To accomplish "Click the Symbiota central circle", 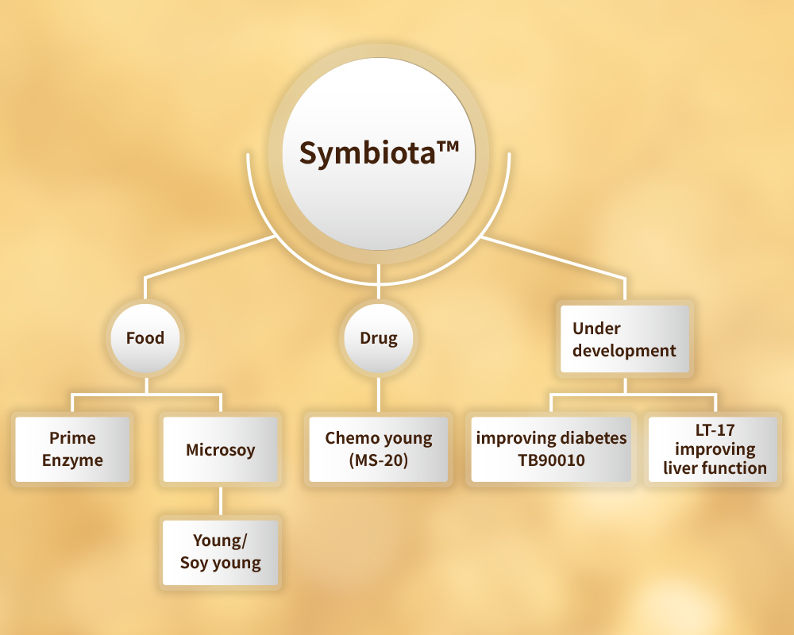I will click(379, 150).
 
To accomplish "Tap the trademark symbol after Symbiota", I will click(446, 148).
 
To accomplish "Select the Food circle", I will click(145, 338).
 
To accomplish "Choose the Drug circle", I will click(379, 338).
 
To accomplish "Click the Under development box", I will click(624, 339).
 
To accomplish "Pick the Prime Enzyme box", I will click(72, 449).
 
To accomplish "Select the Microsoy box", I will click(221, 449).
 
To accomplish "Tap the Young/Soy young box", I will click(221, 552).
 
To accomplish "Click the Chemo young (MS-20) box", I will click(379, 449).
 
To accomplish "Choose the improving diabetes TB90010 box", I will click(551, 449).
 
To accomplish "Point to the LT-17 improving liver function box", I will click(715, 449).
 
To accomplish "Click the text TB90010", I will click(551, 460).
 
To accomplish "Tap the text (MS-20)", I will click(379, 460).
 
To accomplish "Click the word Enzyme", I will click(72, 460).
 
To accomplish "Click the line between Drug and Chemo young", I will click(379, 394).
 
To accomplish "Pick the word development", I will click(624, 350).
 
